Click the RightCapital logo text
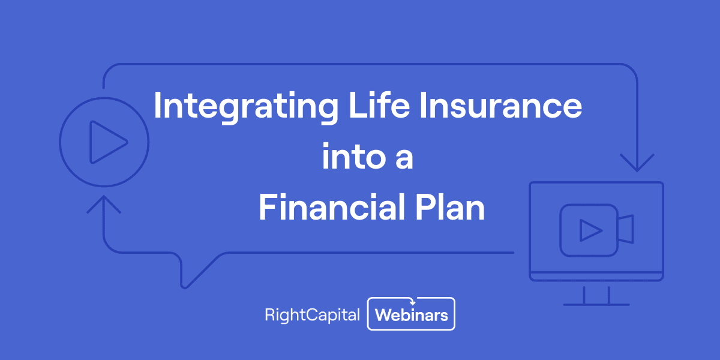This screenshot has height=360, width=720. click(x=312, y=314)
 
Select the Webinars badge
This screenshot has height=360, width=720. click(x=411, y=314)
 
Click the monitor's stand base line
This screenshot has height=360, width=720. click(x=596, y=304)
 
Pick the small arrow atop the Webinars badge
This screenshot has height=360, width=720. click(x=411, y=301)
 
